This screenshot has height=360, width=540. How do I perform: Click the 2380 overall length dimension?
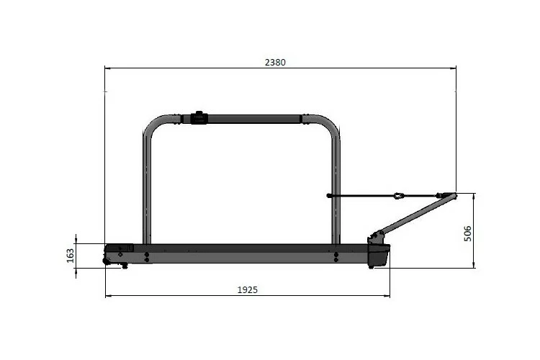point(275,62)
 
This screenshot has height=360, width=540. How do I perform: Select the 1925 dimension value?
point(247,289)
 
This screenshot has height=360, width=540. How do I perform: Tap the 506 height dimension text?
point(467,232)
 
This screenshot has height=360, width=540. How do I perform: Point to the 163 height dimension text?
point(71,256)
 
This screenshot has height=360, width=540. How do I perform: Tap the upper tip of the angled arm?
point(452,194)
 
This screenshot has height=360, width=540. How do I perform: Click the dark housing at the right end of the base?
point(379,254)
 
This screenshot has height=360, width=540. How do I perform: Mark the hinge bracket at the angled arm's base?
point(374,237)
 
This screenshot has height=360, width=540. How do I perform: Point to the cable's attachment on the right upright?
point(330,195)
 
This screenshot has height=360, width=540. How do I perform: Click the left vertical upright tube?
point(147,187)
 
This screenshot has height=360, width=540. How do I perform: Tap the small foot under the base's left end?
point(124,266)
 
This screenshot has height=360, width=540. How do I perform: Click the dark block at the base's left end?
point(120,249)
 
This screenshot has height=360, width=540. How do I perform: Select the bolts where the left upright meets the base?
point(147,256)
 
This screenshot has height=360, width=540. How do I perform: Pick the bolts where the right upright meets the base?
point(336,256)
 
